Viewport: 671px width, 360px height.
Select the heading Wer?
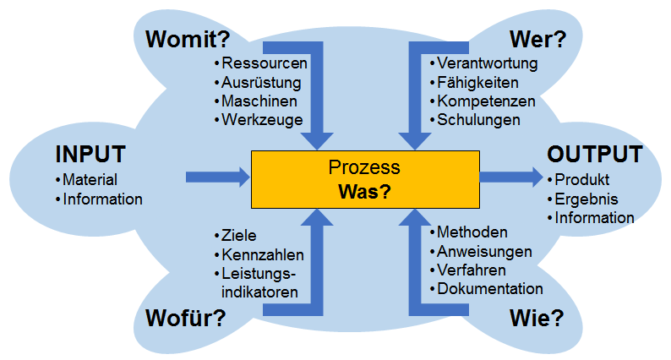537,39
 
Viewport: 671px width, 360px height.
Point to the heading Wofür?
184,318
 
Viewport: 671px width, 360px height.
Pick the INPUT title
90,154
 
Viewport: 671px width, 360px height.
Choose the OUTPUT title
594,154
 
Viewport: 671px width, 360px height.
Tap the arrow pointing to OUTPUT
511,177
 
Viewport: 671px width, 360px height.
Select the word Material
90,180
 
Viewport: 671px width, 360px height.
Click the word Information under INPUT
103,199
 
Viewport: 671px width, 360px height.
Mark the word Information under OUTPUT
594,218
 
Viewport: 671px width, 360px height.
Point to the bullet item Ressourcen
265,63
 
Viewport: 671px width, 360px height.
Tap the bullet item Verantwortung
487,63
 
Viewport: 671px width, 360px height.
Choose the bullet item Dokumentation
489,288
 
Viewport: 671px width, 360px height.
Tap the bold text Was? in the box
365,192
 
